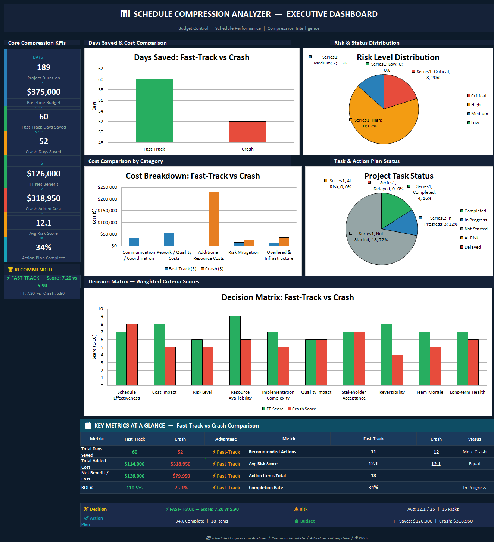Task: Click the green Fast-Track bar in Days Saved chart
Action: [x=154, y=111]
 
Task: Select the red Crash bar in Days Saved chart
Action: [x=247, y=132]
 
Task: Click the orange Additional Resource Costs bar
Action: [x=214, y=219]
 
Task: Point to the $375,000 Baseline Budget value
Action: [x=44, y=92]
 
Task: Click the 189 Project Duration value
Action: [x=44, y=67]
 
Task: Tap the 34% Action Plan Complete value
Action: [x=44, y=248]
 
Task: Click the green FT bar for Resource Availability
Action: [x=235, y=351]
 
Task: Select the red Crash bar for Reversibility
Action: [x=397, y=370]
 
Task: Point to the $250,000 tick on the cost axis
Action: [x=107, y=187]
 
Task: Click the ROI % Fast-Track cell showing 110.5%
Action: [x=134, y=488]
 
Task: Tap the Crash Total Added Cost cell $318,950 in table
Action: [x=180, y=464]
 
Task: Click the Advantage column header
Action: [x=226, y=439]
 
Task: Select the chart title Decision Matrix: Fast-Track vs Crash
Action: [x=288, y=297]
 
